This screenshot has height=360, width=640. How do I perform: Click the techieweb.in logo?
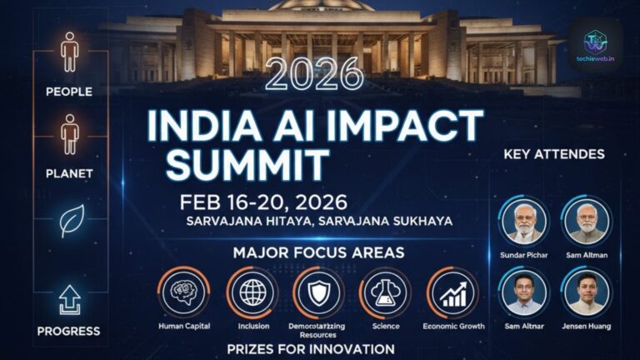point(595,42)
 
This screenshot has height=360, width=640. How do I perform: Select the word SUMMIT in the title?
point(247,165)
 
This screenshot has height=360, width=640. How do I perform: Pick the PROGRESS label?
point(68,331)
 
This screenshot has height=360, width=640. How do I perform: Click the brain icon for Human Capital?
point(184,293)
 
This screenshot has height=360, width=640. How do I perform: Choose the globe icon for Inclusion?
point(252,293)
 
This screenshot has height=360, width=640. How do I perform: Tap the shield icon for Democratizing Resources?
point(318,293)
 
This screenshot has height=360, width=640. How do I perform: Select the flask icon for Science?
point(386,293)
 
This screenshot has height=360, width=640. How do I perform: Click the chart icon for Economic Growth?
point(453,293)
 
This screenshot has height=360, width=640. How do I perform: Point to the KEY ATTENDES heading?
point(554,154)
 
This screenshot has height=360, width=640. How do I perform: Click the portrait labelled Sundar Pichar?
point(524,221)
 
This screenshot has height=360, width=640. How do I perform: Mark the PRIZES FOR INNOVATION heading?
point(311,348)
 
